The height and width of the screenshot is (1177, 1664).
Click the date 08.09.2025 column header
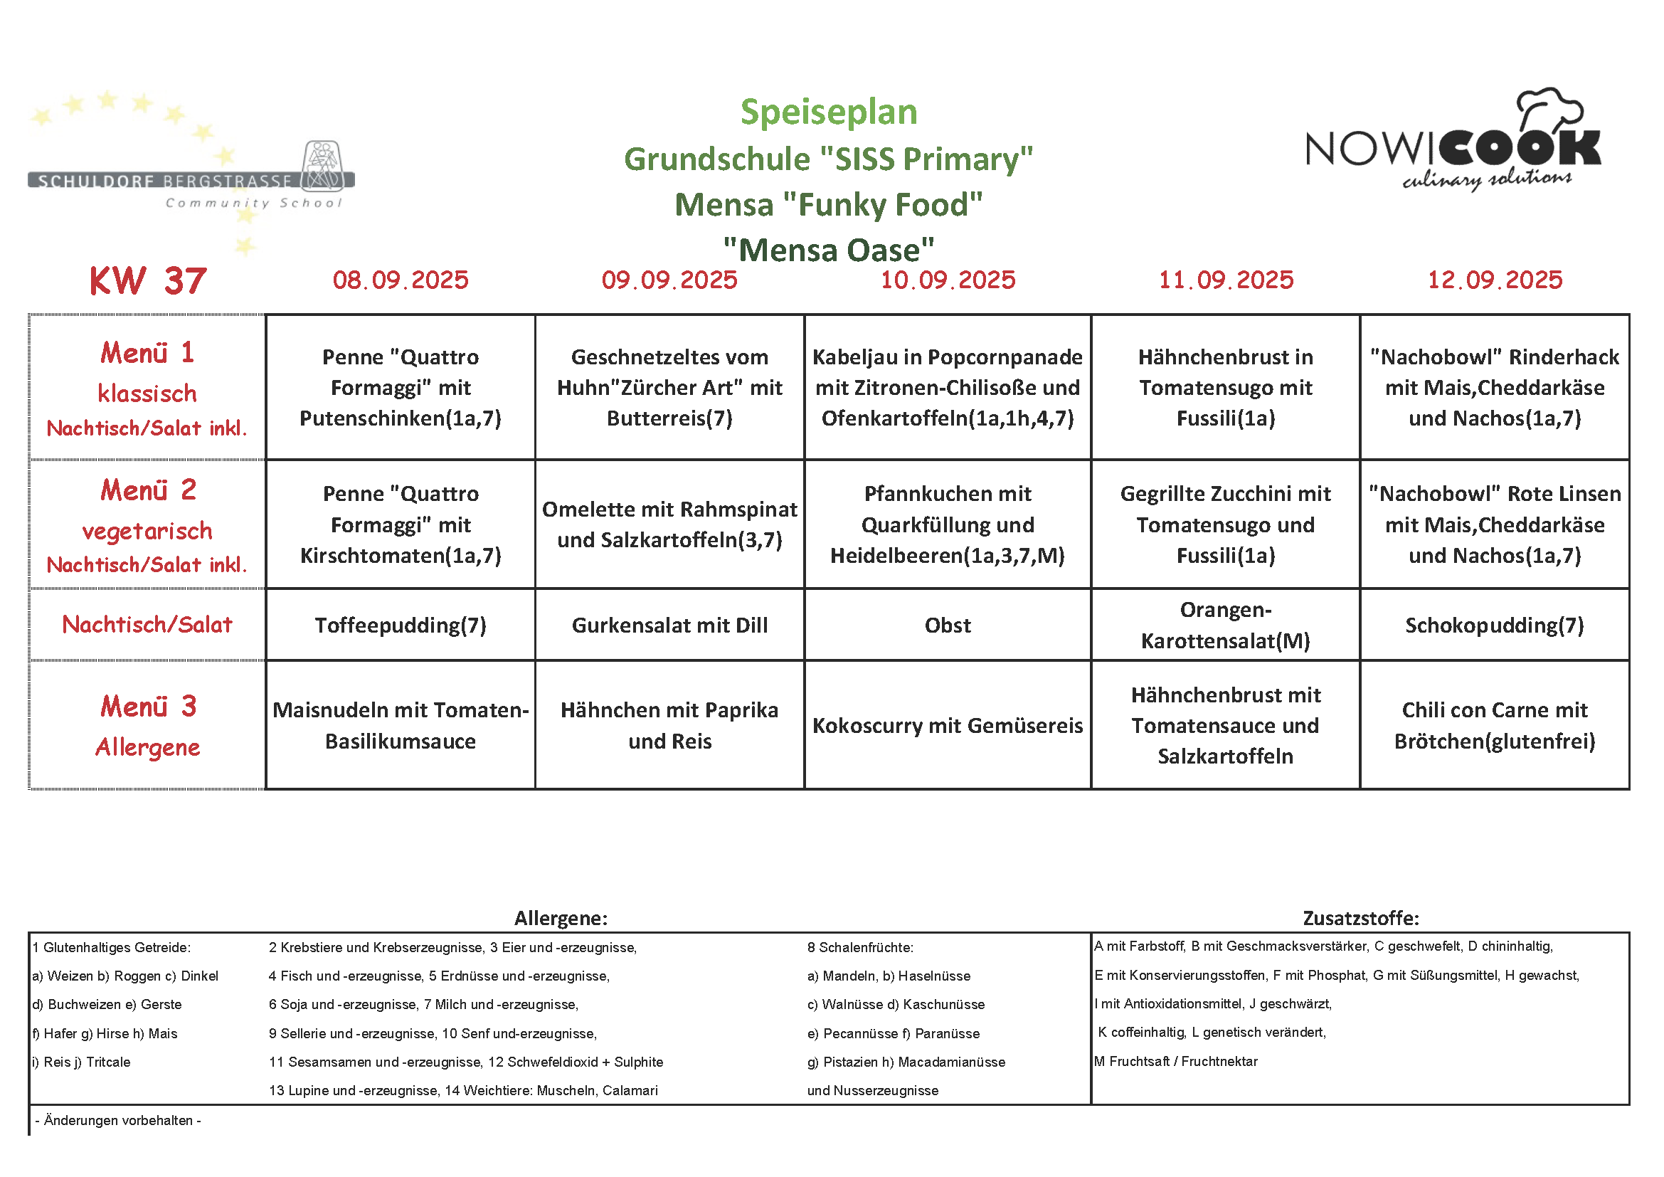point(400,280)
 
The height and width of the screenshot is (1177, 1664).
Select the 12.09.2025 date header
point(1495,280)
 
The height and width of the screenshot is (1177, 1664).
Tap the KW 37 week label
point(148,280)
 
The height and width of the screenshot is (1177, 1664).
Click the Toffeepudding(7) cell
point(400,625)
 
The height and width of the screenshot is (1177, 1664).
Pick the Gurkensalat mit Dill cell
point(669,625)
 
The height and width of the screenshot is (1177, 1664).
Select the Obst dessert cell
point(947,625)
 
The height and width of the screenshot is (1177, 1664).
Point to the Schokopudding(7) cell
point(1495,625)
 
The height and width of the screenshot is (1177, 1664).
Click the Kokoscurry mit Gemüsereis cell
point(947,725)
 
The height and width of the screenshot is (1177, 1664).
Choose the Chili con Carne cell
point(1495,725)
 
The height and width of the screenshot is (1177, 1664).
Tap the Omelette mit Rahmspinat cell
point(669,524)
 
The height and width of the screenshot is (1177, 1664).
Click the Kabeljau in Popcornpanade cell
point(947,387)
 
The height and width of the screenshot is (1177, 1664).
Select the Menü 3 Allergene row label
point(148,725)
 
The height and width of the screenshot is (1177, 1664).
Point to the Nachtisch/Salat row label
point(148,625)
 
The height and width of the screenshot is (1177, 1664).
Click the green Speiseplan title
point(828,112)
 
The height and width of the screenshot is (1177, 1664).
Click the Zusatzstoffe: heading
point(1360,918)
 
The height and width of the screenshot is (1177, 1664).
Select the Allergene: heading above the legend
point(561,918)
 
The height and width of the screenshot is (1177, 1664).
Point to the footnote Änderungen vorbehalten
point(118,1121)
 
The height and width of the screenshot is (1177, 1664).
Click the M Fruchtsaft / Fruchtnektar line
point(1176,1061)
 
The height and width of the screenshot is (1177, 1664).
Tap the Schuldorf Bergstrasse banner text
point(165,181)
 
